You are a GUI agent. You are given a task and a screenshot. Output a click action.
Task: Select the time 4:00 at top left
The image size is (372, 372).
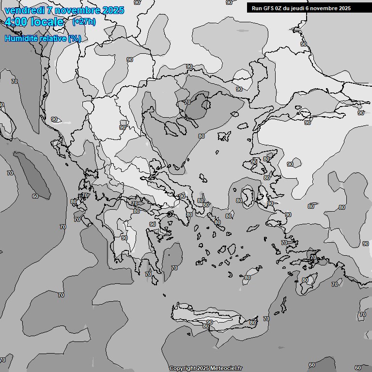click(x=15, y=22)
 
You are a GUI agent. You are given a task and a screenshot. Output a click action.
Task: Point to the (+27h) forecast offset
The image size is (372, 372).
click(x=84, y=22)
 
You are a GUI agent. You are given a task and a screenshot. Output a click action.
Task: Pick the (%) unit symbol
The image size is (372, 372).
click(x=75, y=38)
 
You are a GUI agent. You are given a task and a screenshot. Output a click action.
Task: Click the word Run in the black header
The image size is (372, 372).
click(x=256, y=8)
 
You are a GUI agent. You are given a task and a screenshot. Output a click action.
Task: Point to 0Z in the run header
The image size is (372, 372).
click(x=281, y=8)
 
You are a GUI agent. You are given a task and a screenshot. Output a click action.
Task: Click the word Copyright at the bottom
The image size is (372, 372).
click(x=183, y=369)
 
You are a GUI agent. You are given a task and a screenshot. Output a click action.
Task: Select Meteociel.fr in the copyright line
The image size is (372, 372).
click(x=226, y=369)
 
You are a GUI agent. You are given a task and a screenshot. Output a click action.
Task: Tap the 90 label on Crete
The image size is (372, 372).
click(x=209, y=322)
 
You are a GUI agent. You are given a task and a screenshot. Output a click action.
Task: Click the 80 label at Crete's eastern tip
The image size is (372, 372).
click(x=252, y=323)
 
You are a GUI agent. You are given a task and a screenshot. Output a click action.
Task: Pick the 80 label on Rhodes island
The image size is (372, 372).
click(x=305, y=280)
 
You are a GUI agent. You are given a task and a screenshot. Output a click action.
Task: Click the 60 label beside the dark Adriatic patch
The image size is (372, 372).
click(x=35, y=196)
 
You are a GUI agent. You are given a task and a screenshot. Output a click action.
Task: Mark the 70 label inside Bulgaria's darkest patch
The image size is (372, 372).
click(x=187, y=103)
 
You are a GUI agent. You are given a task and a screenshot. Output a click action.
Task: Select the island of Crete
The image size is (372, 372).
click(x=213, y=315)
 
